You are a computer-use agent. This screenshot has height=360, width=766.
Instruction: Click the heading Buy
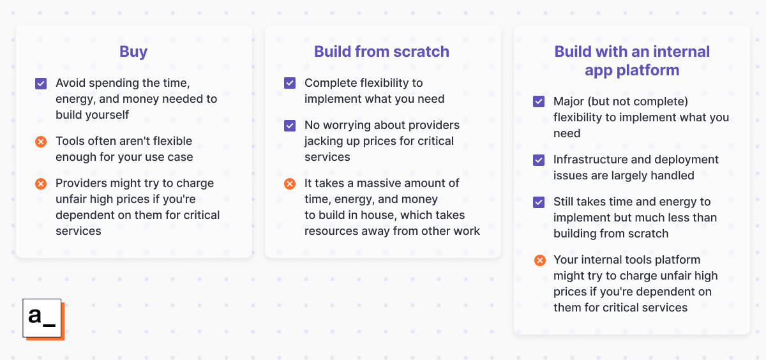[x=133, y=52]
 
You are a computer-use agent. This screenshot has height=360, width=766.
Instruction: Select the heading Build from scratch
[x=382, y=52]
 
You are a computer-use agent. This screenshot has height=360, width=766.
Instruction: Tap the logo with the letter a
[x=42, y=318]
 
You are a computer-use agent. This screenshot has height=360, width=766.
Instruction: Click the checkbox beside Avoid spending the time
[x=41, y=83]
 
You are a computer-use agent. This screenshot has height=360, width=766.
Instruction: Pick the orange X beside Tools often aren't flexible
[x=41, y=141]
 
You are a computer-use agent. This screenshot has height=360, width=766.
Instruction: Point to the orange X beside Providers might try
[x=41, y=183]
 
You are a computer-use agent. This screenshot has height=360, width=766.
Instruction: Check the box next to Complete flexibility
[x=290, y=83]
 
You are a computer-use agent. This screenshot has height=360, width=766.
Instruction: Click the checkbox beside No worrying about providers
[x=290, y=125]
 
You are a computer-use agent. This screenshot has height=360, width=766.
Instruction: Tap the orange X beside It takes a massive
[x=290, y=183]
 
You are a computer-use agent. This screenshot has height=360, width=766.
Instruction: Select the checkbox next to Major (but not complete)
[x=539, y=101]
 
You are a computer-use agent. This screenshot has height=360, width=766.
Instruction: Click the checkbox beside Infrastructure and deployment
[x=539, y=160]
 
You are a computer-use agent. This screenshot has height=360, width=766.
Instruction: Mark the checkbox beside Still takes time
[x=539, y=202]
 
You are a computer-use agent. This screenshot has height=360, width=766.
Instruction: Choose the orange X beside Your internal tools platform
[x=539, y=260]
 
